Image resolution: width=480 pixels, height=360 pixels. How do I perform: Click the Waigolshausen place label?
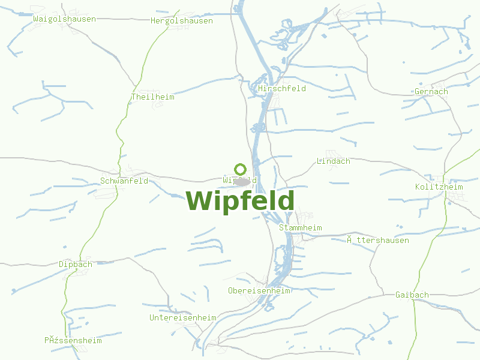click(65, 19)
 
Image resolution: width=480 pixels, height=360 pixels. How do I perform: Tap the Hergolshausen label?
click(181, 20)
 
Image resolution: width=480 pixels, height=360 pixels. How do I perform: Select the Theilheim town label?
click(152, 97)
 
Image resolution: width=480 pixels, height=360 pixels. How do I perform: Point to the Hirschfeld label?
click(282, 88)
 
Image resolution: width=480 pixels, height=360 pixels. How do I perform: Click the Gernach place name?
click(431, 92)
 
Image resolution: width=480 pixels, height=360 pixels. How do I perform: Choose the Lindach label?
click(333, 161)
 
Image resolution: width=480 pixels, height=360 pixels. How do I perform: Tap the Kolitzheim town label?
click(439, 187)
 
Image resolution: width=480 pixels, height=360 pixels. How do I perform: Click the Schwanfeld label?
click(124, 181)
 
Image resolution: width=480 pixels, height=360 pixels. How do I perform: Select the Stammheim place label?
click(301, 228)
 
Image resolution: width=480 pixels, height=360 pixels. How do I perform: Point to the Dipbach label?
click(76, 264)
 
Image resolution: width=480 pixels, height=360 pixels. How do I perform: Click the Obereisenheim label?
click(259, 290)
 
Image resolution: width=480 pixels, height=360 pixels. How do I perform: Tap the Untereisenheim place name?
click(182, 317)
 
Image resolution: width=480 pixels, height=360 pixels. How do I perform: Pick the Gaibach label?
click(412, 295)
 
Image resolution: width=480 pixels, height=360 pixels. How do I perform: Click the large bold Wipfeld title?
click(240, 200)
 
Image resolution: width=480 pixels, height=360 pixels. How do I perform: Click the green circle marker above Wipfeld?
click(241, 169)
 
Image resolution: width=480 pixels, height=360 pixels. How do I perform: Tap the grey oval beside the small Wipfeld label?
click(242, 181)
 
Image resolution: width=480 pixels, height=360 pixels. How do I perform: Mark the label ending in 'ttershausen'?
click(378, 240)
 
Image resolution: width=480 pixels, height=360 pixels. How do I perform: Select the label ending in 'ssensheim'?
click(73, 340)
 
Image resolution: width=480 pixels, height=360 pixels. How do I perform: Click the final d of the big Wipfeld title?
click(286, 200)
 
